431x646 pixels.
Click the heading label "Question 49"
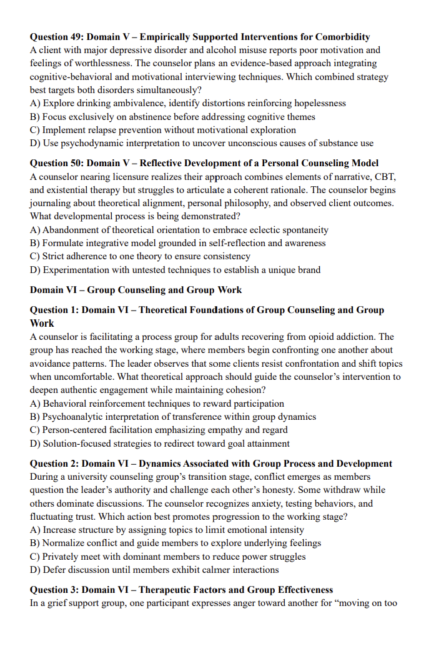pyautogui.click(x=56, y=37)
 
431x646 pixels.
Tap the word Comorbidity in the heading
pyautogui.click(x=342, y=37)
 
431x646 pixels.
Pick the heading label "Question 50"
pyautogui.click(x=56, y=163)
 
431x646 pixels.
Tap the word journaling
pyautogui.click(x=51, y=204)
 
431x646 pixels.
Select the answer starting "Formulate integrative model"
pyautogui.click(x=178, y=243)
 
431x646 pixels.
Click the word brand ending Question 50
pyautogui.click(x=308, y=270)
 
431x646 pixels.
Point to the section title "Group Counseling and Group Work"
pyautogui.click(x=164, y=290)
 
